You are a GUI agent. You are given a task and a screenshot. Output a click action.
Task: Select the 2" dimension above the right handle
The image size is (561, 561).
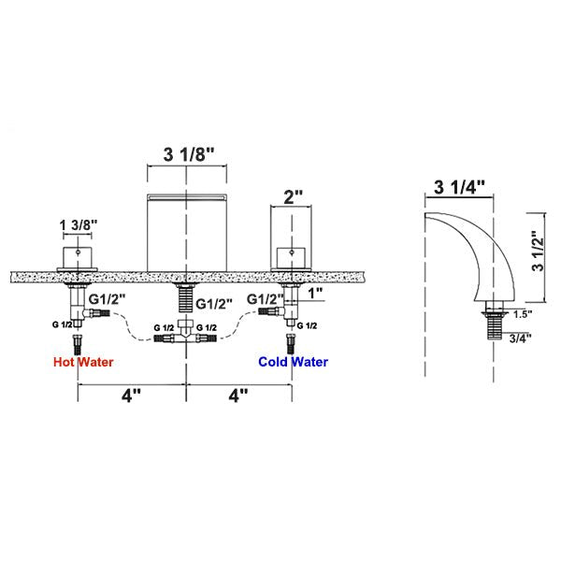click(294, 198)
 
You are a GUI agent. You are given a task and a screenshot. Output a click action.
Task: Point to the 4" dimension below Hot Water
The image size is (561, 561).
click(130, 396)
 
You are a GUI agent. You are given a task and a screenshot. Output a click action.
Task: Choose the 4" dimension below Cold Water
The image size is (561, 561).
click(240, 396)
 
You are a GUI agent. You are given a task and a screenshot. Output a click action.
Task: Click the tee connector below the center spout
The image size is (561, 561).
click(188, 330)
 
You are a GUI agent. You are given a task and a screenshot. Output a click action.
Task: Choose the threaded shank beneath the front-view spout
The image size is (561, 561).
click(187, 298)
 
